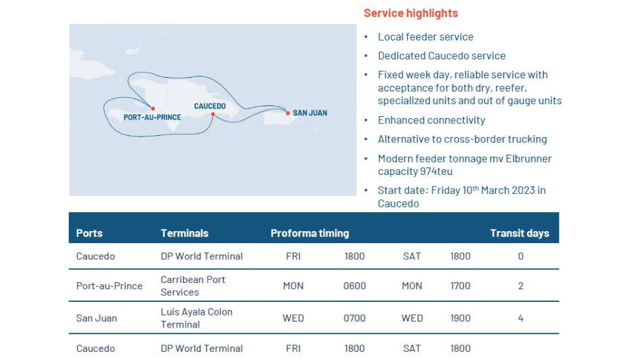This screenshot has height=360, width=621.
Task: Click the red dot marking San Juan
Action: pos(288,113)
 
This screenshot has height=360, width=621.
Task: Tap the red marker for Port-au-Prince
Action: pos(153,108)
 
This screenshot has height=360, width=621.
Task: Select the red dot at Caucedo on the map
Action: pos(213,114)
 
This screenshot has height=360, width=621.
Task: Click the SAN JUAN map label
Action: pos(310,113)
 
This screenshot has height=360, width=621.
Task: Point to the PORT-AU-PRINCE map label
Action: pos(152,118)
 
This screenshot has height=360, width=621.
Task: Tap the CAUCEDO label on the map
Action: pos(210,106)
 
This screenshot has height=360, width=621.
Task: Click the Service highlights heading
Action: pos(410,14)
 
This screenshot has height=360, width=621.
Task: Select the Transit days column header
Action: pos(520,233)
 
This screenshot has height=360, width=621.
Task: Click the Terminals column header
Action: pos(184,233)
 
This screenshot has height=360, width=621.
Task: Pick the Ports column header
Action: pos(89,233)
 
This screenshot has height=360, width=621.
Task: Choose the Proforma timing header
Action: pos(310,233)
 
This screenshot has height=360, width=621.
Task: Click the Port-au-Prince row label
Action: pos(109,286)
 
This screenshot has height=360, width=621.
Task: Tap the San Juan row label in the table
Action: pos(97,318)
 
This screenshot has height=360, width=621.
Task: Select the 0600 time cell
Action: pos(354,286)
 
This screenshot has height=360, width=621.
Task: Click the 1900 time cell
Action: pos(460,318)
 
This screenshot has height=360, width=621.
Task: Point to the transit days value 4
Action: pos(521,318)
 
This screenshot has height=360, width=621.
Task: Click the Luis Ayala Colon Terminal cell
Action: pos(196,318)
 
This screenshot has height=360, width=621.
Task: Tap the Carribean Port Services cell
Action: pos(193,286)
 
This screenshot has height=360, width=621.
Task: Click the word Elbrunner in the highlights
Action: pos(529,159)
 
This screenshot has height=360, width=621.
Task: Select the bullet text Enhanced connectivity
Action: pos(431,120)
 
